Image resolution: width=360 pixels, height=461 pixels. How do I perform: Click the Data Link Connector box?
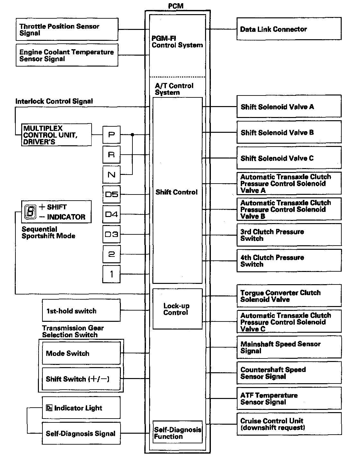pos(289,29)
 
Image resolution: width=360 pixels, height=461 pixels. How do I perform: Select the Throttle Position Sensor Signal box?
pos(67,30)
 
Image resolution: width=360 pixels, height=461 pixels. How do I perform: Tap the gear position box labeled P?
pos(111,135)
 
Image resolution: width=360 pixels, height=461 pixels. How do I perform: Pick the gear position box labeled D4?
pos(111,214)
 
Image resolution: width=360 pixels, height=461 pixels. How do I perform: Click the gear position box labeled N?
pos(111,175)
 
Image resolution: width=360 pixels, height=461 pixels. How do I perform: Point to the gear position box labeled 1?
pos(111,274)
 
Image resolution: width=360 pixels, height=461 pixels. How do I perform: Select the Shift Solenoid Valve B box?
pos(289,132)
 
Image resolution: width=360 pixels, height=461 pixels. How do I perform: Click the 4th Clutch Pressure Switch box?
pos(289,261)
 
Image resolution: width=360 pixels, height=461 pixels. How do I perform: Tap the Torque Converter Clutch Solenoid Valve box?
pos(289,296)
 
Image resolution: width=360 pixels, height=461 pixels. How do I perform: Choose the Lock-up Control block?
pos(177,309)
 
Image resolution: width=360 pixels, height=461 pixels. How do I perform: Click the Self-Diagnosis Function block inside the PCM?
pos(177,433)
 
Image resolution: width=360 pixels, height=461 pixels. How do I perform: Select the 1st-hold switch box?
pos(81,311)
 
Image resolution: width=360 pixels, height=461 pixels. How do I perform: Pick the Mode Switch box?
pos(81,353)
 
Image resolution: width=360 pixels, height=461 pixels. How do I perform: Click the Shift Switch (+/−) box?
pos(81,379)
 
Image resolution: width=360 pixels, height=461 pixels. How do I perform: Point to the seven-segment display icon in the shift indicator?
pos(30,212)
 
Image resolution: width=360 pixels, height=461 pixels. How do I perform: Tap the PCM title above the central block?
pos(176,6)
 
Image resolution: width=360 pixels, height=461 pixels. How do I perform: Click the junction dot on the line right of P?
pos(132,135)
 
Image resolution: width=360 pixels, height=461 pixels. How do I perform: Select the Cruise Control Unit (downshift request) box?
pos(289,424)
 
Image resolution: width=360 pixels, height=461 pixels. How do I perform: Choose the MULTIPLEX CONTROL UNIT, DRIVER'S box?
pos(56,135)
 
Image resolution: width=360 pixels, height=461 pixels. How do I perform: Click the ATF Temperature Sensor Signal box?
pos(289,399)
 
